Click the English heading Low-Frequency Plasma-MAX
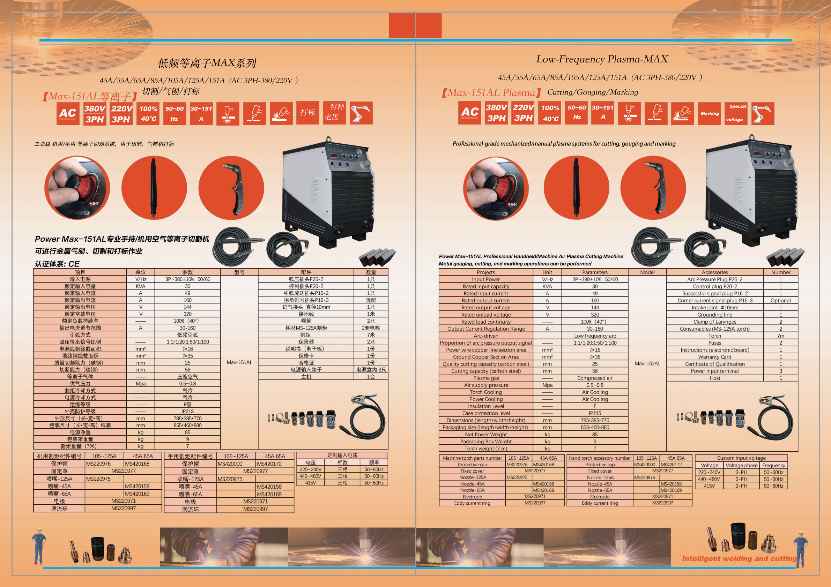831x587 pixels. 602,59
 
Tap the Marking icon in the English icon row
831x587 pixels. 710,114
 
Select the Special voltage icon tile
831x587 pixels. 736,114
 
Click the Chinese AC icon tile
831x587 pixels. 68,114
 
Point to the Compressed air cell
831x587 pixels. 595,378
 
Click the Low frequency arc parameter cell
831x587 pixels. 595,336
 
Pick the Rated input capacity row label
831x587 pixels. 486,286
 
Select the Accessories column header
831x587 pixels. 714,272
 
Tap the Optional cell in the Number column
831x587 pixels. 780,301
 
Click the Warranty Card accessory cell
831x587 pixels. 714,357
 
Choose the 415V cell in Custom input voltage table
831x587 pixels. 709,486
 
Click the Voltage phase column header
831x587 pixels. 741,466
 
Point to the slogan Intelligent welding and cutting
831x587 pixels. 739,558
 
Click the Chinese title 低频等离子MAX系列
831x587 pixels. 207,63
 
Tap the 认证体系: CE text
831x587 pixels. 57,264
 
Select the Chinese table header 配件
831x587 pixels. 306,272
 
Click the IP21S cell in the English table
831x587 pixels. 595,413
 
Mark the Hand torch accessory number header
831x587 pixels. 599,458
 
